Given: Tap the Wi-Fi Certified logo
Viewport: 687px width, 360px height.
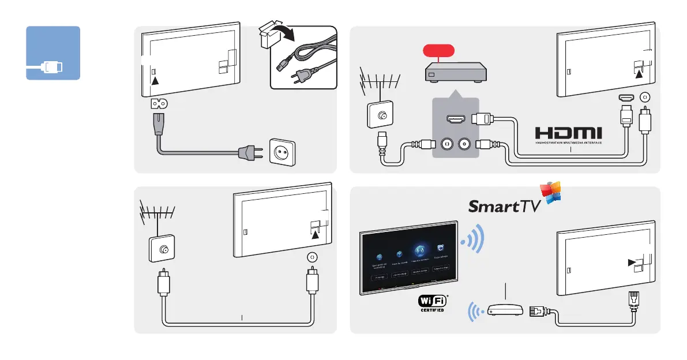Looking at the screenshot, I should click(x=433, y=303).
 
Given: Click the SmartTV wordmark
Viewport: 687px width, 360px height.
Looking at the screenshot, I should click(x=504, y=206).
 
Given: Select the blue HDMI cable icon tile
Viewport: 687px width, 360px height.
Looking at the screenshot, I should click(x=53, y=53).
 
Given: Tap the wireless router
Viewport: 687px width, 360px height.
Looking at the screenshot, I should click(x=504, y=311).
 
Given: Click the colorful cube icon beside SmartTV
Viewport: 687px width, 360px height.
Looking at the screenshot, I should click(x=550, y=193).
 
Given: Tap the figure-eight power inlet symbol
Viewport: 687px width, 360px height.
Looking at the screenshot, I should click(x=159, y=104).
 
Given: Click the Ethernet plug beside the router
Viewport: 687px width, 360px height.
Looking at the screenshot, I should click(x=536, y=311).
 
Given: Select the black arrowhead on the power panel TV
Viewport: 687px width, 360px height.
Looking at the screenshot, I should click(x=154, y=81).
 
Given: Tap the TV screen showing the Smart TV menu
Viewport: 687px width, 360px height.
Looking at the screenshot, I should click(x=410, y=257).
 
